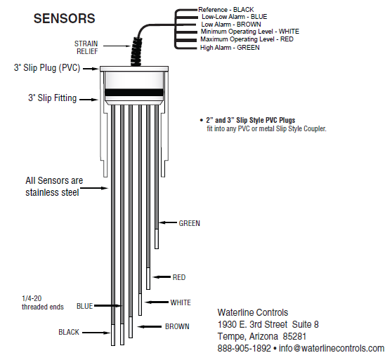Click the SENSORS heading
click(64, 18)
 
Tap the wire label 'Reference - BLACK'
click(226, 10)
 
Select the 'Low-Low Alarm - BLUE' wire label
click(234, 17)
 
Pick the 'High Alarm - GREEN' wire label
click(230, 48)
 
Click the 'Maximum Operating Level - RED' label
click(247, 39)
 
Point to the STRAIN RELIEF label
click(86, 48)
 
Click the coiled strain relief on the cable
click(136, 52)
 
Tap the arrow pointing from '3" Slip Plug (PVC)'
click(91, 69)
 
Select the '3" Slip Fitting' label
click(52, 98)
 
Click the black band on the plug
click(133, 93)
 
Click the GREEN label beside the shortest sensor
click(189, 223)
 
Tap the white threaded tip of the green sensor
click(157, 239)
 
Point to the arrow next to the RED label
click(162, 277)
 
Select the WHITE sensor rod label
click(181, 302)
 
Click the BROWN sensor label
click(177, 326)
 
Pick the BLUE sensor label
click(84, 306)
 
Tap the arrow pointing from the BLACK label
click(96, 333)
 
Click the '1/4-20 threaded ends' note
click(43, 302)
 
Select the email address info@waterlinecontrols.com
click(332, 348)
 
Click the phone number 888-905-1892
click(244, 348)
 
